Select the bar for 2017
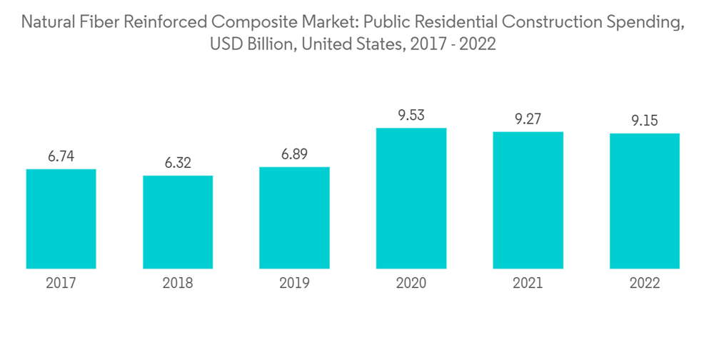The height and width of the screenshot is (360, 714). point(61,219)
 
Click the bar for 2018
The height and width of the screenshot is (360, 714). point(178,222)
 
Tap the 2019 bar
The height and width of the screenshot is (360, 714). point(294,218)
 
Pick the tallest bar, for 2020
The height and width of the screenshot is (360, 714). point(411,199)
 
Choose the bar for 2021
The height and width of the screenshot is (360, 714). point(528,200)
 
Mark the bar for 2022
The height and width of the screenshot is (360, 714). point(644,201)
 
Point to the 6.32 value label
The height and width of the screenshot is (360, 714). point(178,163)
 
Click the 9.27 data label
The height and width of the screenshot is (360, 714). point(528,119)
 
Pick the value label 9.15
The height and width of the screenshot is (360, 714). point(644,121)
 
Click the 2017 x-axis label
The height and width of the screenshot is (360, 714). point(61,284)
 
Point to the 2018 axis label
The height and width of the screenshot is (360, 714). point(178,284)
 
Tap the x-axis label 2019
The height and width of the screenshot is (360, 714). point(294,284)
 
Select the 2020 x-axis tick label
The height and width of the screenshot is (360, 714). point(411,284)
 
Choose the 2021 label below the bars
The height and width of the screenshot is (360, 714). point(528,284)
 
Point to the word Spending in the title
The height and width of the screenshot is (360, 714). point(648,23)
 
